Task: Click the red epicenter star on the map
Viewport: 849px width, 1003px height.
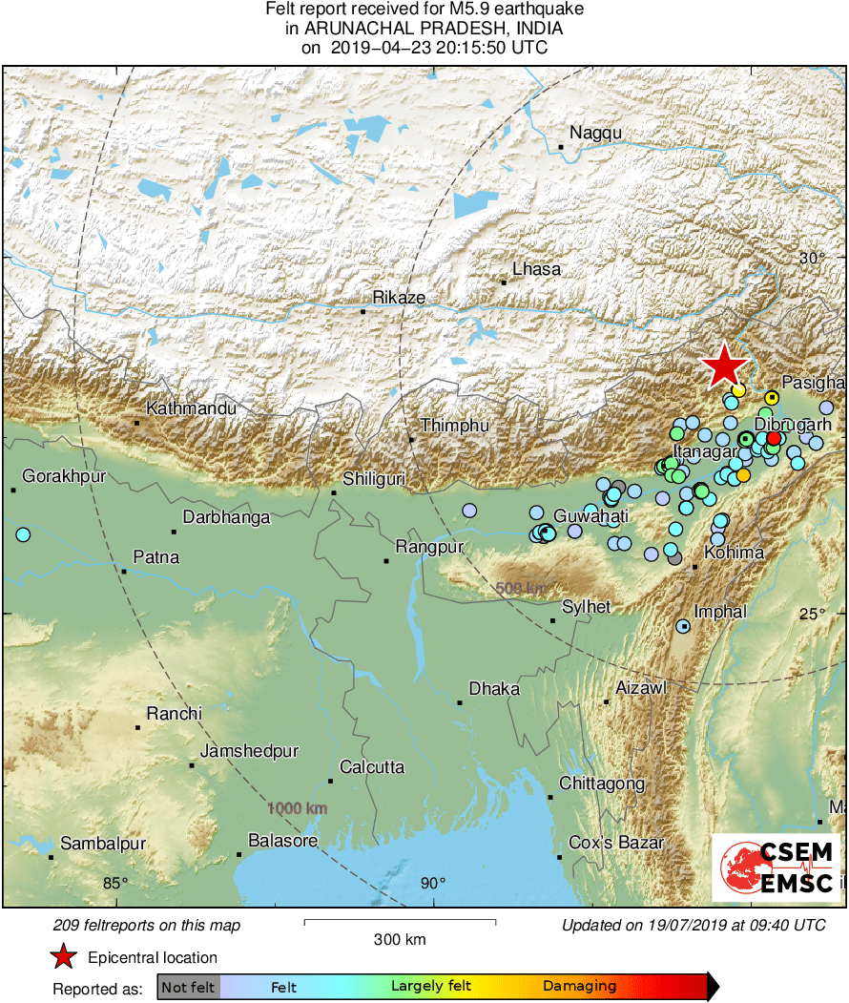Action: (x=725, y=366)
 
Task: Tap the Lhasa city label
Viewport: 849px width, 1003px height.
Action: (x=536, y=269)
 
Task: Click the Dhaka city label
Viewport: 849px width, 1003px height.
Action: (x=494, y=688)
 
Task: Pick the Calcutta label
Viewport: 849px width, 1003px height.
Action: (x=372, y=767)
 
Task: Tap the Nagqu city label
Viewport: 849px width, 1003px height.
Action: (x=595, y=133)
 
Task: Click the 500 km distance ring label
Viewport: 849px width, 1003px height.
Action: (x=521, y=588)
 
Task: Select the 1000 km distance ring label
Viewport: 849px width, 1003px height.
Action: (x=298, y=808)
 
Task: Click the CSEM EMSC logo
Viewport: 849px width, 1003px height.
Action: (x=777, y=867)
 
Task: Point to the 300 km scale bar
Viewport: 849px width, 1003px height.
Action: (x=400, y=922)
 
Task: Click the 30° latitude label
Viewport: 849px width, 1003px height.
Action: (x=812, y=258)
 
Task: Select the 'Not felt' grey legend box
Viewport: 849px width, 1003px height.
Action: (x=188, y=987)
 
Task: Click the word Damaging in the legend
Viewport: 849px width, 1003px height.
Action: (x=580, y=987)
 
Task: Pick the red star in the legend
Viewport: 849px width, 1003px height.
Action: (x=63, y=956)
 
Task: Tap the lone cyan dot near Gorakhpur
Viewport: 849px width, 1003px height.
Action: (x=23, y=534)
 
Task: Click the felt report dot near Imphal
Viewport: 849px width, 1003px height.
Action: (x=683, y=626)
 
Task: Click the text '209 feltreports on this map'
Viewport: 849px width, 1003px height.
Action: (x=147, y=925)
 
